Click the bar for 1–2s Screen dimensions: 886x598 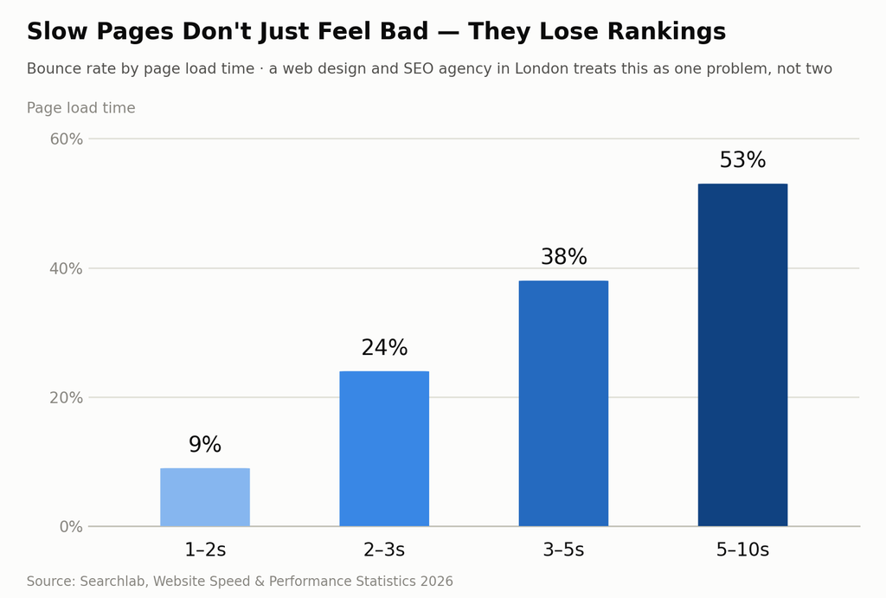[x=205, y=497]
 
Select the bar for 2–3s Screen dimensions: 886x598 [x=384, y=449]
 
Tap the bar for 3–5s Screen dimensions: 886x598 [x=563, y=403]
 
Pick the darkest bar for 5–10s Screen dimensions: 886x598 [x=742, y=355]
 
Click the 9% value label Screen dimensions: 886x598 [x=205, y=445]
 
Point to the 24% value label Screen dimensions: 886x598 [x=384, y=348]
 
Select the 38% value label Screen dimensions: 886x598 [x=564, y=257]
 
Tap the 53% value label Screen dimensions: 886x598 [x=742, y=160]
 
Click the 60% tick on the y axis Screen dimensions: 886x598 [x=67, y=139]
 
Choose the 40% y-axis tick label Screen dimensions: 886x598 [x=67, y=268]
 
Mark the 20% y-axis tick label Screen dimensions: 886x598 [x=67, y=398]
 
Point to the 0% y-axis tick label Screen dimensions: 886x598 [x=71, y=527]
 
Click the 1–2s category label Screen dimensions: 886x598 [x=205, y=550]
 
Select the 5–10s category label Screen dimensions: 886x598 [x=742, y=550]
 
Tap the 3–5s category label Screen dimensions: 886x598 [x=563, y=550]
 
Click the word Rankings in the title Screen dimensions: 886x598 [x=666, y=32]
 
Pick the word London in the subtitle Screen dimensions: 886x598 [x=542, y=69]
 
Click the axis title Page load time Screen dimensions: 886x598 [x=80, y=108]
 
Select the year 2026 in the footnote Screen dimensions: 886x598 [x=436, y=581]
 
